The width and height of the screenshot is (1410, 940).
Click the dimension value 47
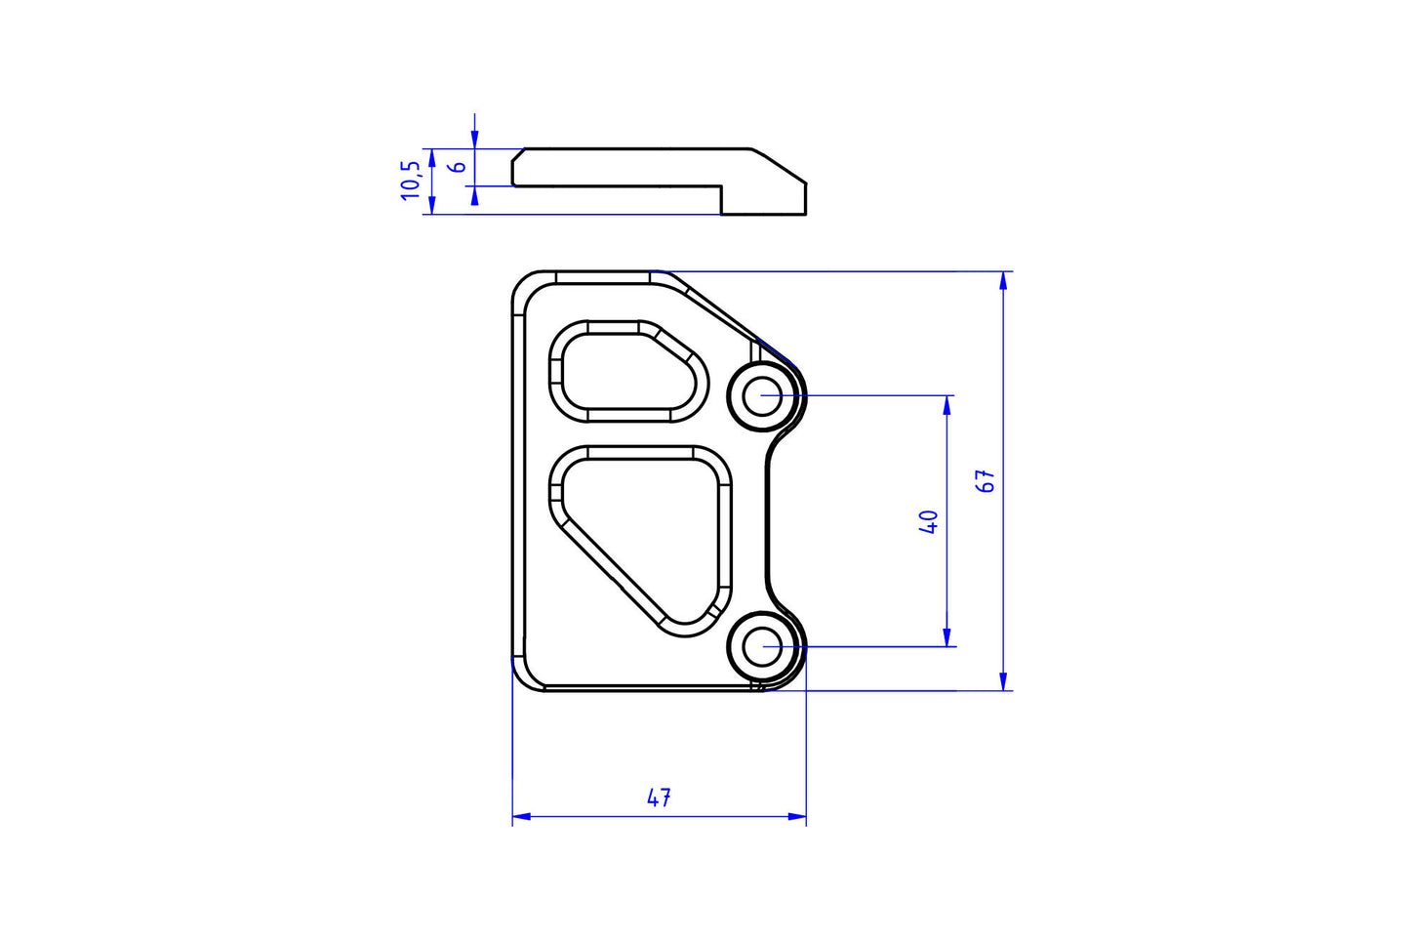659,797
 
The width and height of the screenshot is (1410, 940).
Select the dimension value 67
987,480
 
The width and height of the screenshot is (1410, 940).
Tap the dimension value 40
928,521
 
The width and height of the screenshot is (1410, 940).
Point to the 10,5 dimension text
411,181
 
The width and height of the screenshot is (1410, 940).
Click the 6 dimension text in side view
457,167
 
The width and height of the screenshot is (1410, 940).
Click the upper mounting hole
762,396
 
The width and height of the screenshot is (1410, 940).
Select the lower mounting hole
762,646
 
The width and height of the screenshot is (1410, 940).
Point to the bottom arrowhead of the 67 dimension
1003,682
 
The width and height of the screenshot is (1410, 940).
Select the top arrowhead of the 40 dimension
947,404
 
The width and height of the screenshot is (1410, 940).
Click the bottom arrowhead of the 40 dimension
947,638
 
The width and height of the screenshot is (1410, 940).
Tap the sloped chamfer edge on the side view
779,166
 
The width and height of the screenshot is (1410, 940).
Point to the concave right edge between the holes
769,522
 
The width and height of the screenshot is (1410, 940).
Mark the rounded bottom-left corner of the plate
522,679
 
